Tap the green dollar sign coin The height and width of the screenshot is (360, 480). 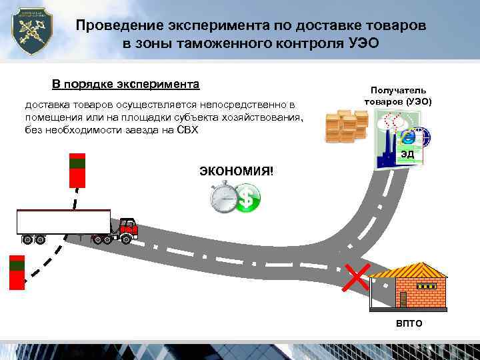(248, 198)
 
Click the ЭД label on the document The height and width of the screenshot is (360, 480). (407, 155)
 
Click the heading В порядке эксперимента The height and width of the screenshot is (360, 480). (126, 85)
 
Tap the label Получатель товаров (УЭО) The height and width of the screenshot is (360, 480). (398, 97)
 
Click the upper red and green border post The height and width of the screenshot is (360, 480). (78, 170)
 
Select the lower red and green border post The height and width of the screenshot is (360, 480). (17, 272)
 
